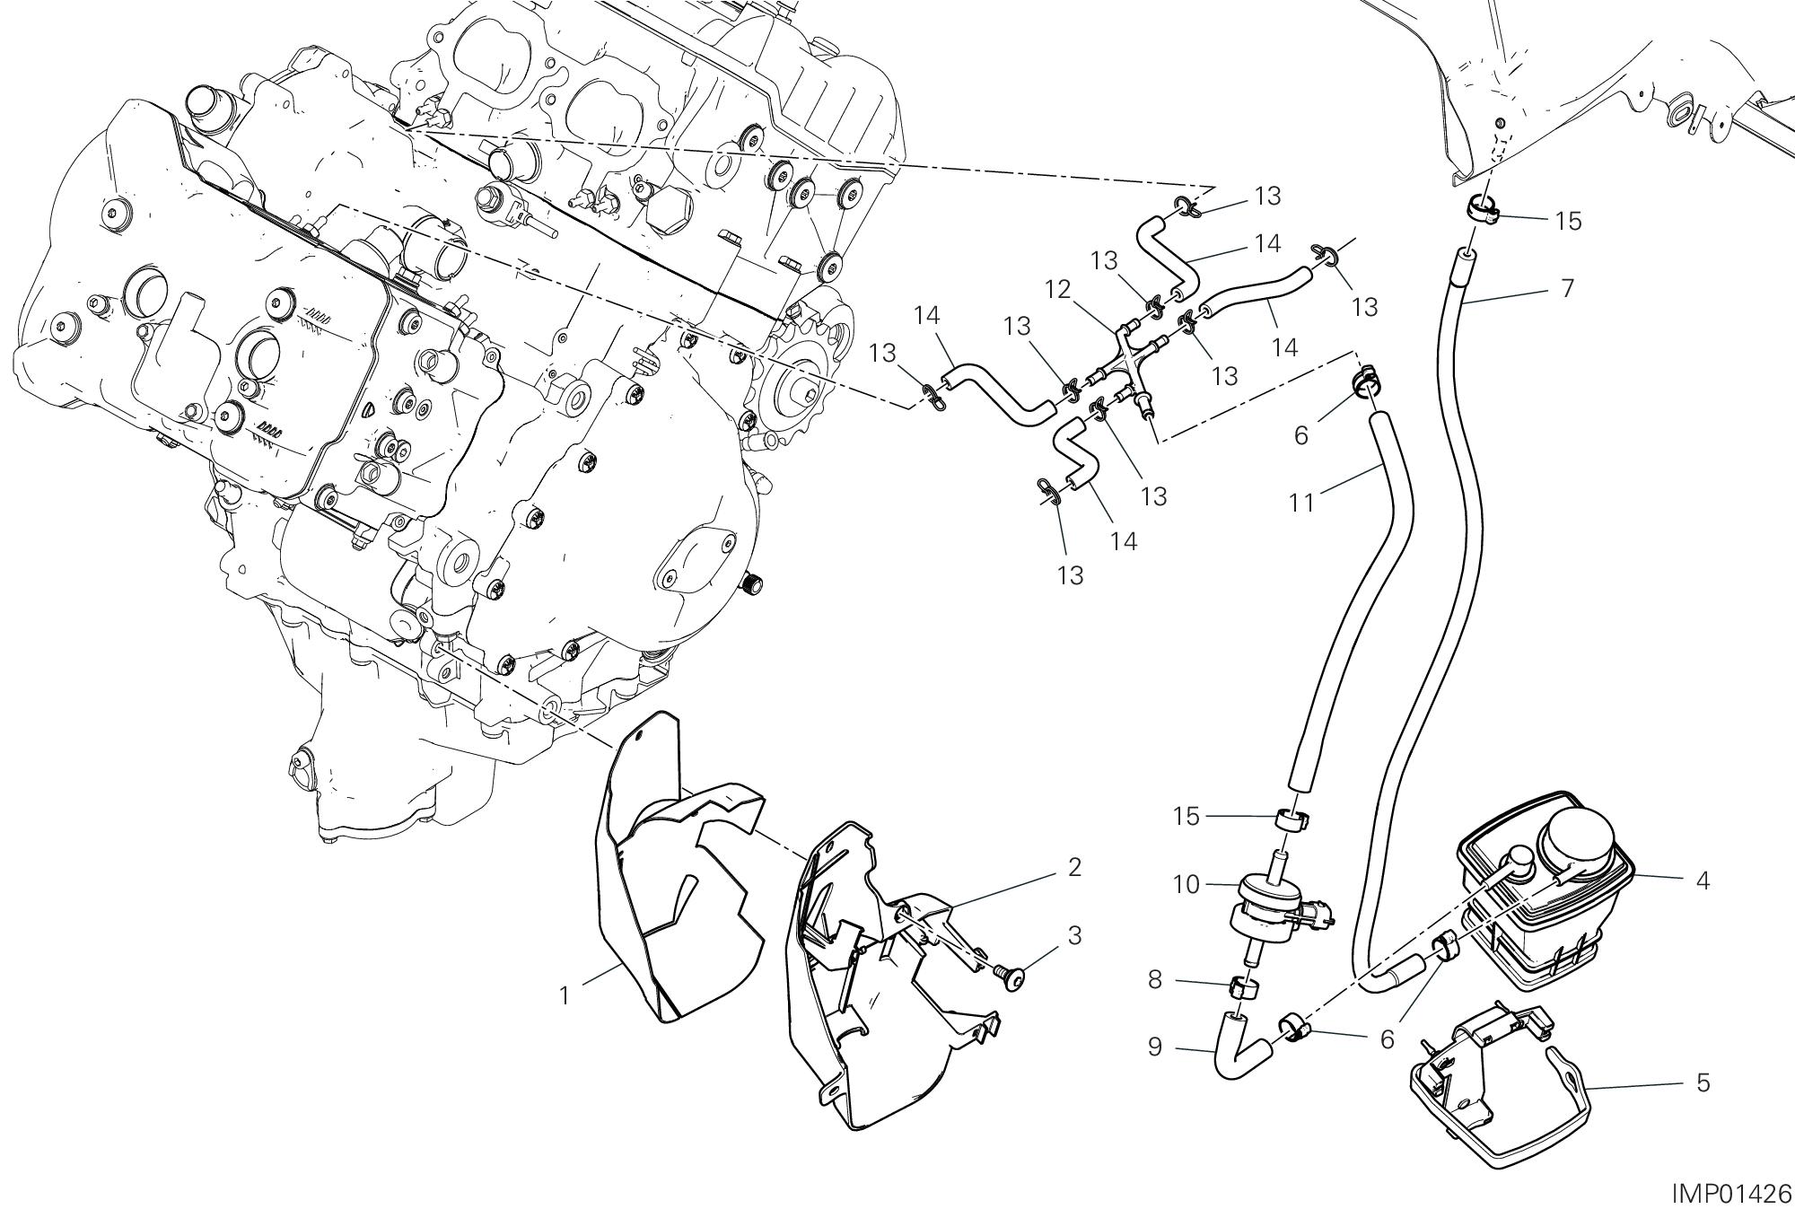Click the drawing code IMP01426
1730,1193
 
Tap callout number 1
565,996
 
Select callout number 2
1074,867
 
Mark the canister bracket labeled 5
1490,1095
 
